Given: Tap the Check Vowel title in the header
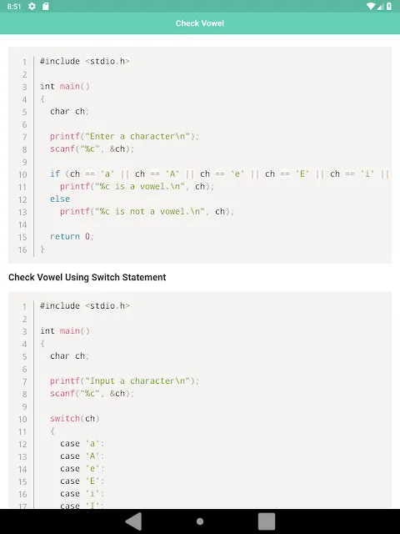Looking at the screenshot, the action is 200,23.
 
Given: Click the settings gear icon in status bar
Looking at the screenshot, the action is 32,6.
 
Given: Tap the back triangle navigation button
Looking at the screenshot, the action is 133,521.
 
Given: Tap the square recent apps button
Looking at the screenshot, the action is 267,521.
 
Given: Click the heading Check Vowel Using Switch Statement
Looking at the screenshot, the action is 87,277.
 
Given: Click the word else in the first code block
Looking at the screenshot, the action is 60,199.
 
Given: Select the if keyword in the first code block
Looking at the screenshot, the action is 55,174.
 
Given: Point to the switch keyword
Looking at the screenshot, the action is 65,418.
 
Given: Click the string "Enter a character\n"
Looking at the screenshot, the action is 137,136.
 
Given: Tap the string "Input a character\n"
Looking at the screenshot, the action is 137,380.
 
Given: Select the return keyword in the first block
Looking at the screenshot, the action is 65,236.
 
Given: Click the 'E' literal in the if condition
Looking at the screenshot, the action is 302,174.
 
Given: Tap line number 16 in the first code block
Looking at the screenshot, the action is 22,249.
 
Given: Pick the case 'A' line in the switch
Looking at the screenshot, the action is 82,456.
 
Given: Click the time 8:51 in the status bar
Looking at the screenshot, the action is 14,7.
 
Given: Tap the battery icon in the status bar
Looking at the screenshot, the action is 389,6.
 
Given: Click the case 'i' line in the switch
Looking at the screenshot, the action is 82,493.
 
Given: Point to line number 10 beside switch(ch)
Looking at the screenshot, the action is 22,419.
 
